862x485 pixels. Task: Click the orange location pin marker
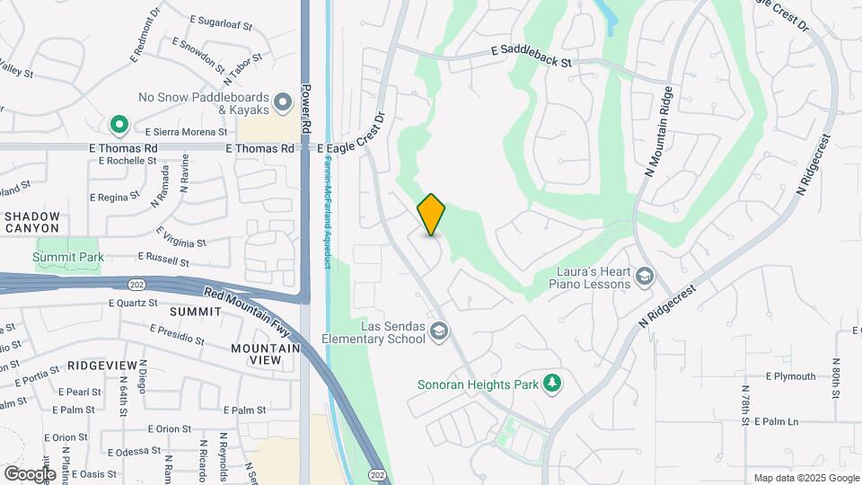[x=432, y=215]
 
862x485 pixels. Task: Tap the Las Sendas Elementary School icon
[x=438, y=332]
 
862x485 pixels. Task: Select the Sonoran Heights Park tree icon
[x=553, y=384]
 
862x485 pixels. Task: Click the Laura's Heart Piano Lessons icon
[x=644, y=277]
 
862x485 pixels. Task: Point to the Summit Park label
[x=68, y=258]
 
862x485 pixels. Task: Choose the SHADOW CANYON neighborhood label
[x=32, y=222]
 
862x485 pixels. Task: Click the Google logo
[x=29, y=473]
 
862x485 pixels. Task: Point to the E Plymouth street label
[x=790, y=376]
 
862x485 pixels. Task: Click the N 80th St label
[x=835, y=378]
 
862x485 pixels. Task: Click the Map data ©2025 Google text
[x=805, y=478]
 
